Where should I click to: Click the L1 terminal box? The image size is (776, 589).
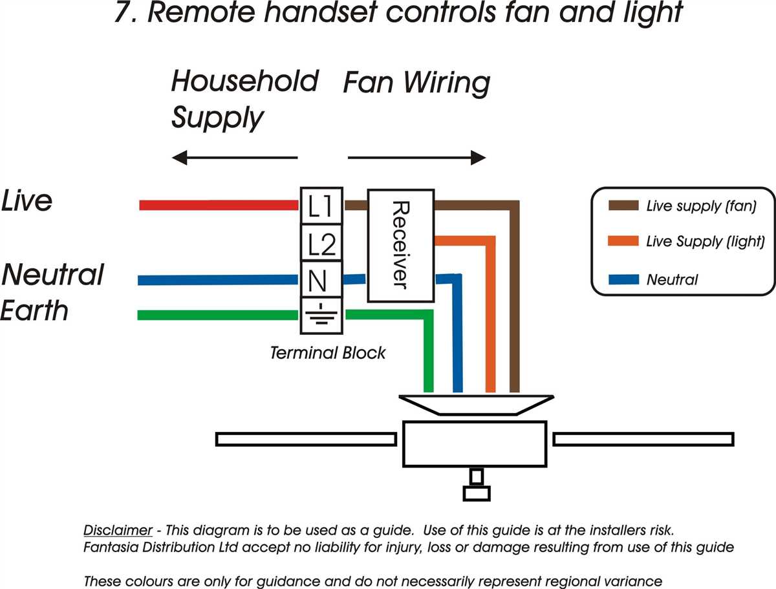point(321,206)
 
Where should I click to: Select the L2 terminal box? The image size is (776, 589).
point(321,244)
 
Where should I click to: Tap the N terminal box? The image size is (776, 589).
point(321,281)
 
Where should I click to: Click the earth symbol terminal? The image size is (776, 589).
point(321,316)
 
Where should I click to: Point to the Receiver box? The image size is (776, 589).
point(400,246)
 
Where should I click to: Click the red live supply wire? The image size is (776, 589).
point(219,206)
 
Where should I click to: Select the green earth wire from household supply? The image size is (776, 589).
point(219,316)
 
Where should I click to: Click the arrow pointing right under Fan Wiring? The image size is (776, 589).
point(417,157)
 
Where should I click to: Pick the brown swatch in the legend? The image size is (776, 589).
point(623,206)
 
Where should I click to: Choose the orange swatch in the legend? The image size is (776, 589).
point(623,242)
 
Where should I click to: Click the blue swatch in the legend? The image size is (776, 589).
point(623,280)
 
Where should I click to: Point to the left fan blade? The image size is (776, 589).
point(305,440)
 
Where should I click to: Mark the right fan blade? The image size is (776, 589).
point(643,440)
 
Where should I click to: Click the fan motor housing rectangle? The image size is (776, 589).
point(475,444)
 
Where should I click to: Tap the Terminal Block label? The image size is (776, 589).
point(327,353)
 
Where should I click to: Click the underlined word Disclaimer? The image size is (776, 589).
point(118,530)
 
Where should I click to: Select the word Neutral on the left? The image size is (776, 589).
point(52,275)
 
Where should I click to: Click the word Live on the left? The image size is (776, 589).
point(27,201)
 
